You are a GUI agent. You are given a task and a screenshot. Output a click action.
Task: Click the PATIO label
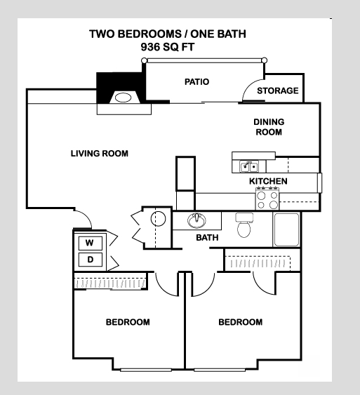[x=196, y=82]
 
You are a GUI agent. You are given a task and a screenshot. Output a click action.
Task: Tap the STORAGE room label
[x=277, y=91]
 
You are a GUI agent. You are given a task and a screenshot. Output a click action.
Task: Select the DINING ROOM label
[x=268, y=126]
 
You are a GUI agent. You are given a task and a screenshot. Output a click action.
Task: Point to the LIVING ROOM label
[x=100, y=154]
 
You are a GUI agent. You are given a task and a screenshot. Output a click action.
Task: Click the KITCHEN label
[x=268, y=182]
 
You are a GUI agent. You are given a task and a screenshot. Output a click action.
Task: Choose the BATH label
[x=207, y=238]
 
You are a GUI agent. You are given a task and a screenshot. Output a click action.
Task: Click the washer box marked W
[x=89, y=243]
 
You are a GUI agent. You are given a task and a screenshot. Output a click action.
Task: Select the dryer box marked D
[x=90, y=260]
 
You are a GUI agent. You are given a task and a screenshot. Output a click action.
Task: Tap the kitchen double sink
[x=248, y=166]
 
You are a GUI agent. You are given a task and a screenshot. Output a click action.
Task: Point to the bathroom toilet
[x=244, y=225]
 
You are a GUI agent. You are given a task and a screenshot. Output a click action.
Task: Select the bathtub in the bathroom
[x=287, y=229]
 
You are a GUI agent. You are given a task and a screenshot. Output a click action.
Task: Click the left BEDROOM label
[x=128, y=323]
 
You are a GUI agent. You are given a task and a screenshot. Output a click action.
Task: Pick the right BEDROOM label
[x=241, y=323]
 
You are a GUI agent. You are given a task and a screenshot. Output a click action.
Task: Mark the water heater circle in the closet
[x=159, y=219]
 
